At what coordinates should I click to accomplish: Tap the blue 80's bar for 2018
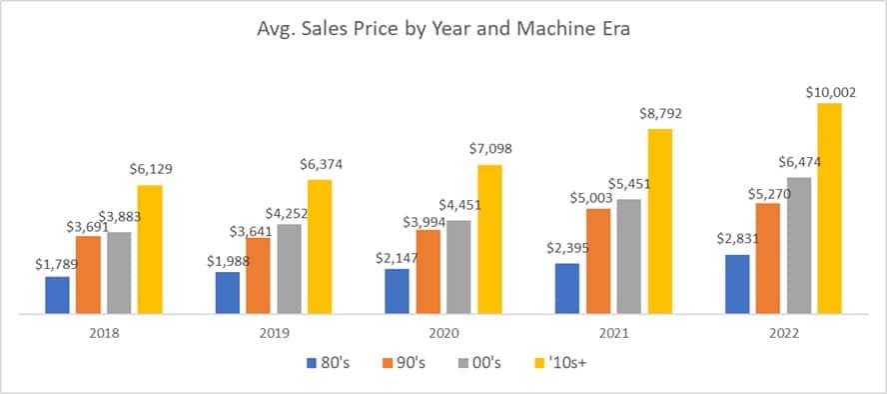(x=58, y=295)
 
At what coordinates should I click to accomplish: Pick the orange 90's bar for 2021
(x=598, y=261)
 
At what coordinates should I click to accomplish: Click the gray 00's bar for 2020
(x=458, y=267)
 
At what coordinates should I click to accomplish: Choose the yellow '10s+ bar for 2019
(x=320, y=246)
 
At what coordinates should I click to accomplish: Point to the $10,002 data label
(x=831, y=92)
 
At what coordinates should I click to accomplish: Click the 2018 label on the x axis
(x=104, y=335)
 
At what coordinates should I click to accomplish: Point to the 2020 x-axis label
(x=443, y=335)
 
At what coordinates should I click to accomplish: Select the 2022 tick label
(x=782, y=335)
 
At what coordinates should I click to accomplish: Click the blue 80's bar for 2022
(x=737, y=284)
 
